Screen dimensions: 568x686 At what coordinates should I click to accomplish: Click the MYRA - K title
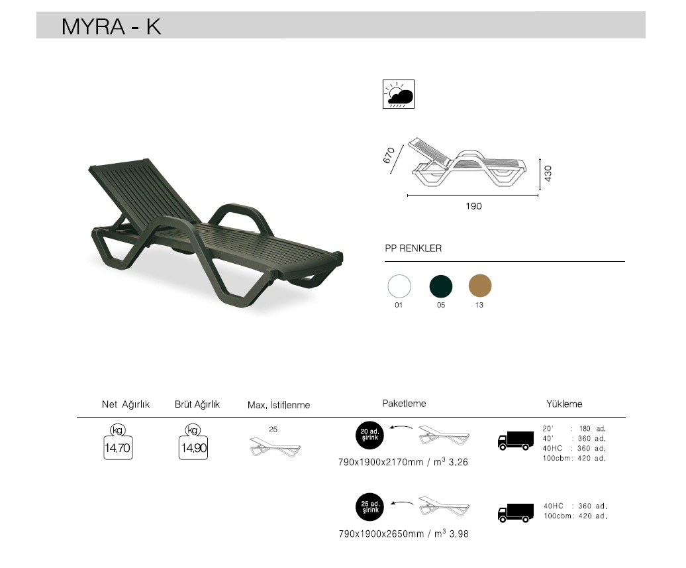tap(111, 26)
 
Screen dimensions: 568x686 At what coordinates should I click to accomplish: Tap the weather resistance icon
tap(399, 95)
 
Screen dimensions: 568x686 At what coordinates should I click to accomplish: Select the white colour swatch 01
tap(399, 286)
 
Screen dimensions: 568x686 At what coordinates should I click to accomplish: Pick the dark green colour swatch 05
tap(441, 286)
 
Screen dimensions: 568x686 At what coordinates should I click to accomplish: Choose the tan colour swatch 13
tap(480, 286)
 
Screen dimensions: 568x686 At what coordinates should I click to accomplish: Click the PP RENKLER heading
tap(413, 249)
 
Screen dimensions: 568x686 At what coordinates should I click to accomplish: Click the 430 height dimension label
tap(548, 174)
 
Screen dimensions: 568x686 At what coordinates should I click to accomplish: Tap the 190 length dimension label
tap(473, 206)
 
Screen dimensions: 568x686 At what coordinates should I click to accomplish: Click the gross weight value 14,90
tap(194, 449)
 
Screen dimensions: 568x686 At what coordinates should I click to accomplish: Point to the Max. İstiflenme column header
tap(278, 405)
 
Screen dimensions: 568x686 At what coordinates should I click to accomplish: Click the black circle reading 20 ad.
tap(369, 435)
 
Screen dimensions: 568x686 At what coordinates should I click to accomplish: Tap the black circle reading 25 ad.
tap(369, 508)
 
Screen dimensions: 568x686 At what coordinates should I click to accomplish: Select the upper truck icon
tap(515, 440)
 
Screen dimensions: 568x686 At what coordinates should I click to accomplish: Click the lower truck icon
tap(515, 512)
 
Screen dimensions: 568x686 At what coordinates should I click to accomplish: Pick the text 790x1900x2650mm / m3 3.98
tap(403, 534)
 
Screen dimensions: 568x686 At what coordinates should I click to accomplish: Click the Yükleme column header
tap(564, 404)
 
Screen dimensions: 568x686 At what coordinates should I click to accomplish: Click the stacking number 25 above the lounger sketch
tap(273, 429)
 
